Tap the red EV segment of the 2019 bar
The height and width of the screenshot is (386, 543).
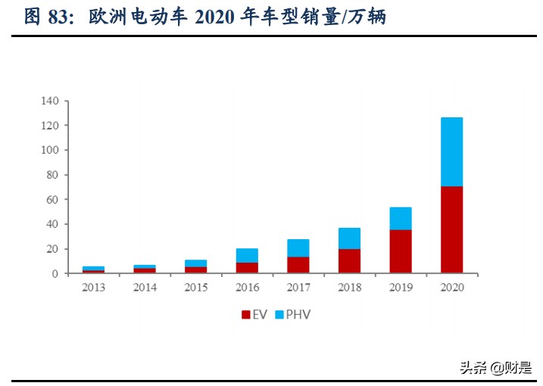[x=401, y=251]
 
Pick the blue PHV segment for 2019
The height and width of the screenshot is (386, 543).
[x=401, y=218]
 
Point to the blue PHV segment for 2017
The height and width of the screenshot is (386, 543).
[x=299, y=247]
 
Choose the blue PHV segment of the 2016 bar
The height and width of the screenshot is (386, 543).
[x=247, y=255]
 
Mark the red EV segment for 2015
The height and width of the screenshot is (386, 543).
[x=196, y=269]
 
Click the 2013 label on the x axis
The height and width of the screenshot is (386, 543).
[x=94, y=288]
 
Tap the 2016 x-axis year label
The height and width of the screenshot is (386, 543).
[x=247, y=288]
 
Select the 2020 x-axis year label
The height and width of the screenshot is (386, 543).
[x=451, y=288]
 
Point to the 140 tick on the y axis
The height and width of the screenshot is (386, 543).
[x=50, y=101]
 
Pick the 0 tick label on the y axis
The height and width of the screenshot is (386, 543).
[x=55, y=274]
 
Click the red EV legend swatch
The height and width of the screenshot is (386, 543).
[x=245, y=314]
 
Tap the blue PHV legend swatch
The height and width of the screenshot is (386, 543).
[x=280, y=314]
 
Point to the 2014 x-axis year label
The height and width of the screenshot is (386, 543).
[x=145, y=288]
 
